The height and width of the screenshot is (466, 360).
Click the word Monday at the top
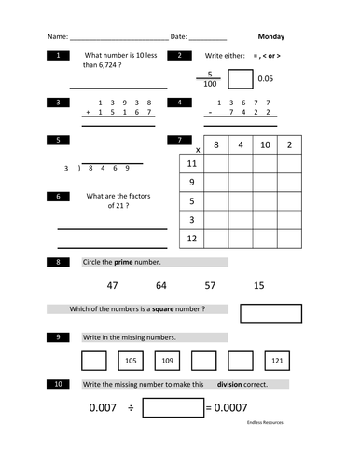point(271,37)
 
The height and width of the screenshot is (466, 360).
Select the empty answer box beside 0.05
point(241,79)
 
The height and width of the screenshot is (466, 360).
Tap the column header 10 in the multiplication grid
point(265,145)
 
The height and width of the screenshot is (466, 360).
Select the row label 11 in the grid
point(191,163)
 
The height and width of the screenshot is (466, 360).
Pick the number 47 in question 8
point(112,285)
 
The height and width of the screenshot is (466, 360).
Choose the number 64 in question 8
point(161,285)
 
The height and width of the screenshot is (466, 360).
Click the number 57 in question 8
point(210,285)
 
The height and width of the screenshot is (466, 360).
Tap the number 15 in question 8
point(258,285)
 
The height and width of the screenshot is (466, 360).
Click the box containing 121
point(277,360)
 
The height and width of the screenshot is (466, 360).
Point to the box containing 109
point(167,360)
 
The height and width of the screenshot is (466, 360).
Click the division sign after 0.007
point(131,407)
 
